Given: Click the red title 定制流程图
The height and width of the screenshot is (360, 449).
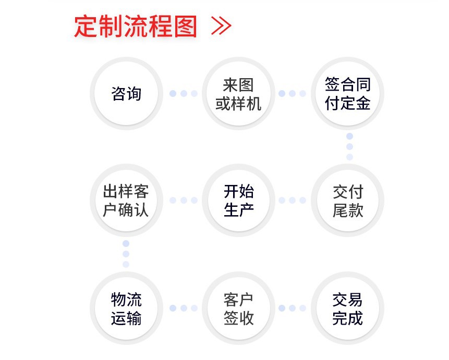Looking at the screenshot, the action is click(136, 27).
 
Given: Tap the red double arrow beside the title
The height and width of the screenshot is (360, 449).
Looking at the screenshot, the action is click(221, 26).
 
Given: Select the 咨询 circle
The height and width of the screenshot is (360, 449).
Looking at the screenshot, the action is click(126, 94).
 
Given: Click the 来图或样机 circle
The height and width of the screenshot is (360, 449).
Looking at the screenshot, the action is click(238, 94).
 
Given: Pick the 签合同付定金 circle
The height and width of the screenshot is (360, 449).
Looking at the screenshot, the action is click(348, 94).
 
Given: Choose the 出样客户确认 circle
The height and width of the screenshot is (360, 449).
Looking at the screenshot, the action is click(126, 200).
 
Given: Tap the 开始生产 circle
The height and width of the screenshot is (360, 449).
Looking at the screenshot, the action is click(238, 200).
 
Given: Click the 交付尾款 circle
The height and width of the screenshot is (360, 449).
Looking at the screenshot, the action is click(348, 200).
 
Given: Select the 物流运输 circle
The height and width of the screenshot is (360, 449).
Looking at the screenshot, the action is click(126, 308).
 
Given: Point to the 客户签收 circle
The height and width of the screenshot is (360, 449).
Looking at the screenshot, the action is click(238, 308).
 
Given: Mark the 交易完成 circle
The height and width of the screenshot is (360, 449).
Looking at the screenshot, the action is click(348, 308).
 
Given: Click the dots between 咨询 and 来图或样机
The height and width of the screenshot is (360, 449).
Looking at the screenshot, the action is click(183, 94).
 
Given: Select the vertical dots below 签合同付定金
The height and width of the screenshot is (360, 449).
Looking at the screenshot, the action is click(349, 146).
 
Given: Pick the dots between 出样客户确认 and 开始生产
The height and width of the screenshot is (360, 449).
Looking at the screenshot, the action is click(183, 200).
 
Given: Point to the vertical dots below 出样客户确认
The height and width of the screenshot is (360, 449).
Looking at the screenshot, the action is click(126, 254).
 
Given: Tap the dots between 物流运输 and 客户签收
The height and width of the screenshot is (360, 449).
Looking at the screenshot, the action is click(183, 308).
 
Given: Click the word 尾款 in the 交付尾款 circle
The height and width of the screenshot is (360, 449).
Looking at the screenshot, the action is click(348, 210).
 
